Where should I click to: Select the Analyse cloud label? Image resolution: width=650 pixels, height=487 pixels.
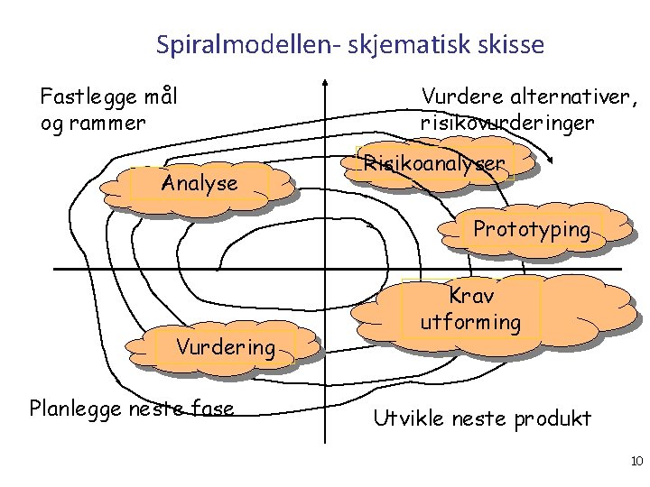coord(199,184)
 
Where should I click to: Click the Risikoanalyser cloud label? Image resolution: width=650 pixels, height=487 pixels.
coord(433,164)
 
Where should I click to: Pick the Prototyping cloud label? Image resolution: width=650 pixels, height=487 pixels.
coord(531,229)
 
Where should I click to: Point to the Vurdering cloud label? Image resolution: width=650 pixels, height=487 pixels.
coord(225,347)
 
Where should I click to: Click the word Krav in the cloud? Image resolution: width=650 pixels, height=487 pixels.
coord(471,296)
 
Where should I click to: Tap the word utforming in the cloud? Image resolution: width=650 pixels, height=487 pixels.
coord(470,322)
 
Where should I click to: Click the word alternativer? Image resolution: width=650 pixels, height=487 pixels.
coord(569,95)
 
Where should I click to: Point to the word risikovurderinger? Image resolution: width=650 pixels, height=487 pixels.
coord(506,121)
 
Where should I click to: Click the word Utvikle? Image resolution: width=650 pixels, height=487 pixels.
coord(407,418)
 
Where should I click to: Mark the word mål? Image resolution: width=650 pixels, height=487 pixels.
coord(159,95)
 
